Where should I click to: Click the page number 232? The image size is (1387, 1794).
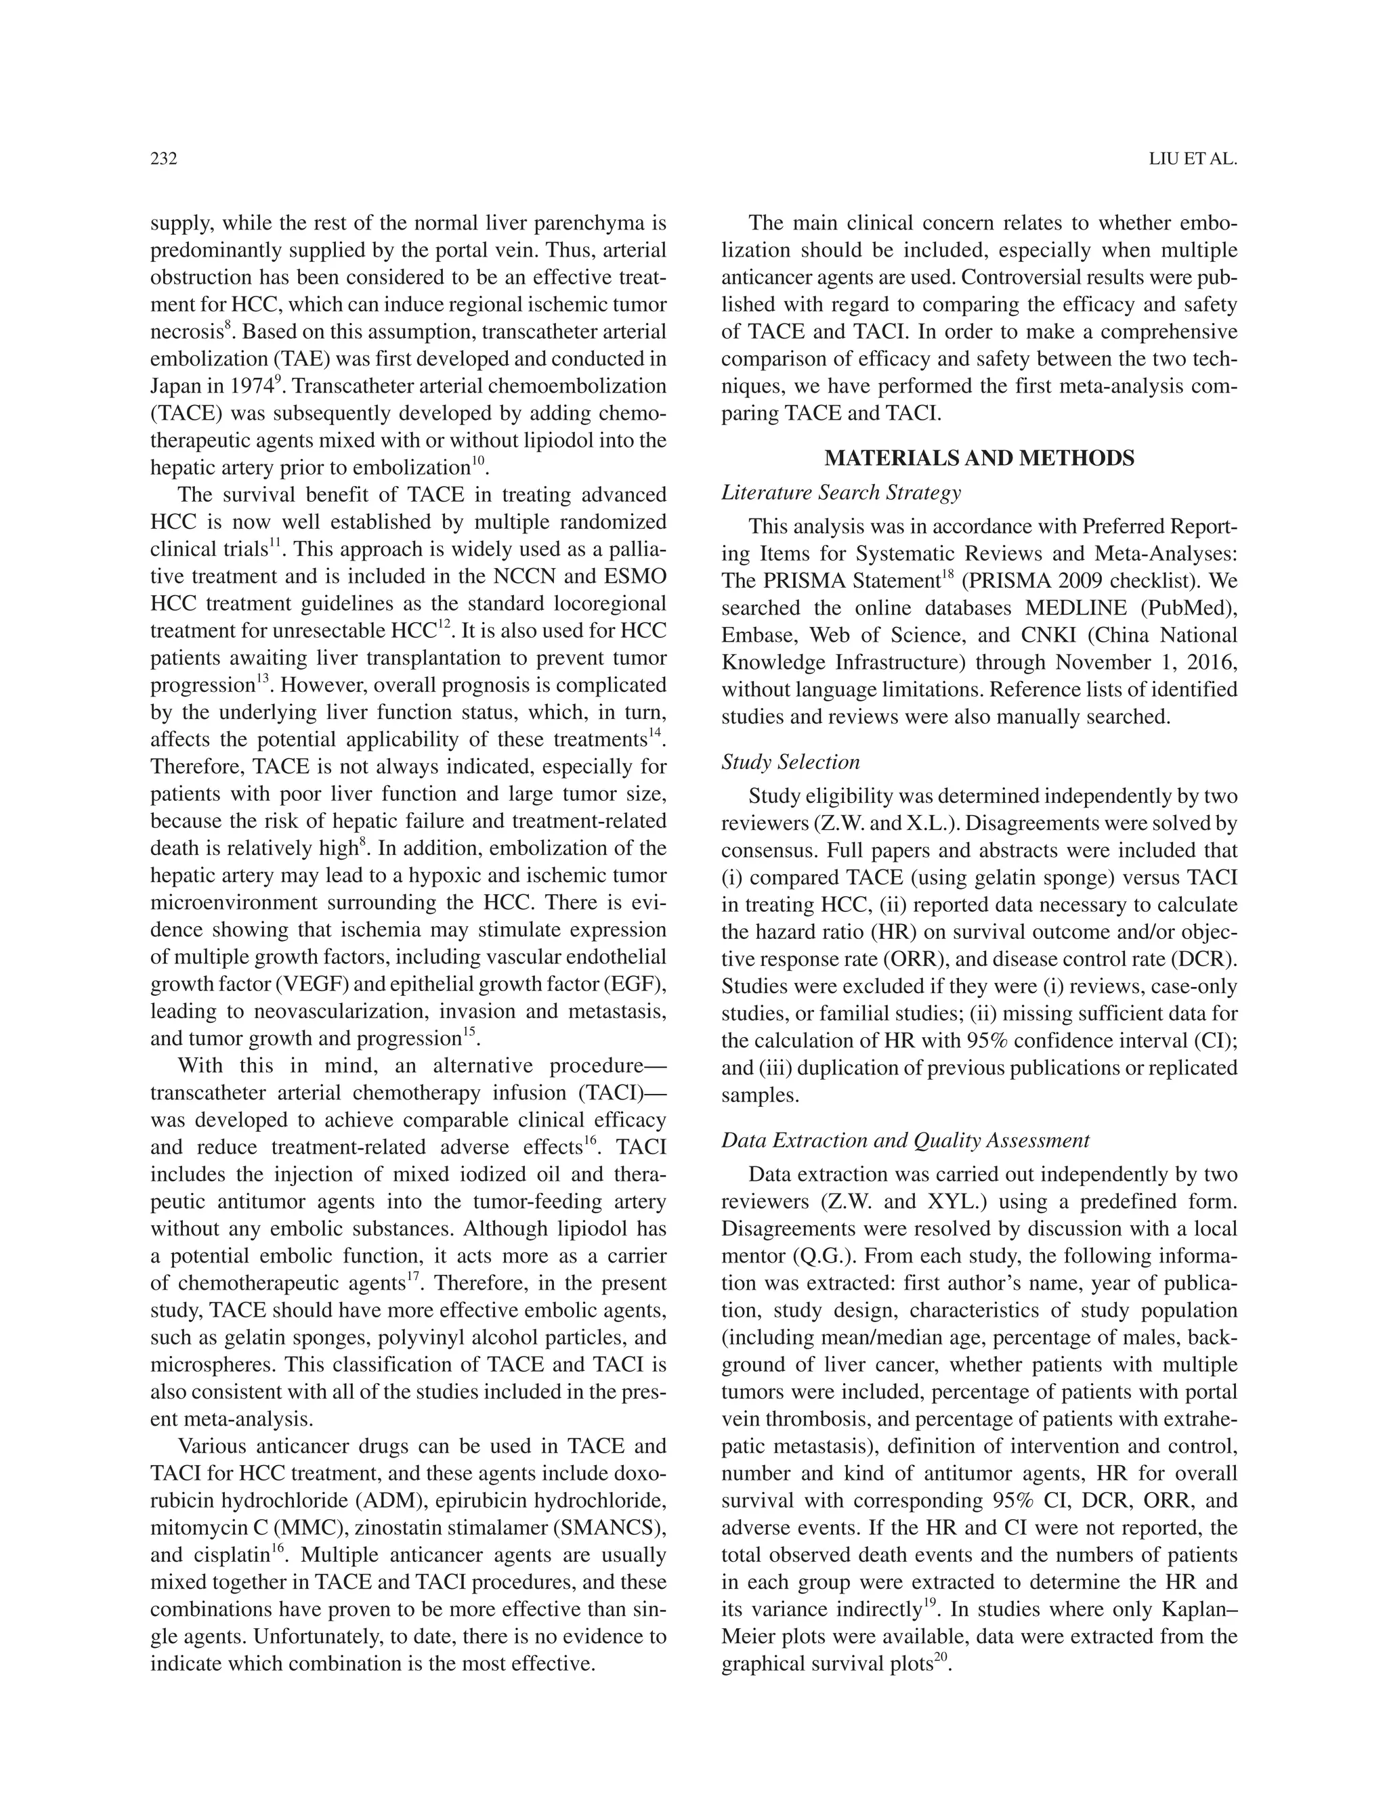(x=163, y=159)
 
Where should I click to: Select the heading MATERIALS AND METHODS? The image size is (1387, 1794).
(x=979, y=458)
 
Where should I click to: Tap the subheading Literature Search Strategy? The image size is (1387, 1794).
(x=840, y=493)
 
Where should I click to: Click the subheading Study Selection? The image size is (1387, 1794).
(x=790, y=762)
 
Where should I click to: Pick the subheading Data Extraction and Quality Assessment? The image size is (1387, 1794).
(x=905, y=1140)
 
